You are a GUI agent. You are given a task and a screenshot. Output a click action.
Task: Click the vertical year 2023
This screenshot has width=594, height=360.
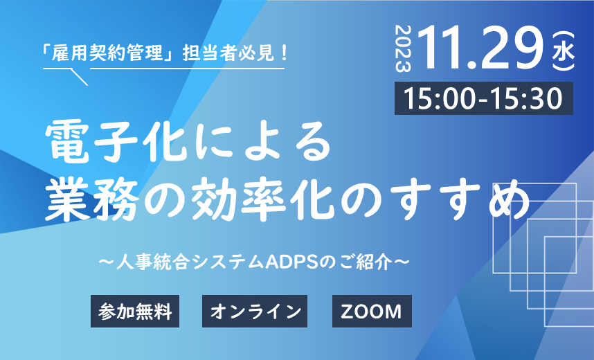click(403, 48)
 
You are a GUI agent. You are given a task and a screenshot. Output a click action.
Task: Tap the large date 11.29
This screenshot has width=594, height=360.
click(480, 48)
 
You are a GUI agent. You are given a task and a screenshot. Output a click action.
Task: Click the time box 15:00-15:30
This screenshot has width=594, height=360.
click(484, 98)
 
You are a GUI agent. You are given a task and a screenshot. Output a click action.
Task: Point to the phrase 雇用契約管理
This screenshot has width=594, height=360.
click(107, 53)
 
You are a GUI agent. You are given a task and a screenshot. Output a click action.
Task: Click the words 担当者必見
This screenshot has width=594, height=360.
click(228, 53)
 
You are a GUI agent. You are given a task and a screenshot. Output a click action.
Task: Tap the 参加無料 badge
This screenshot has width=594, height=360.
click(135, 311)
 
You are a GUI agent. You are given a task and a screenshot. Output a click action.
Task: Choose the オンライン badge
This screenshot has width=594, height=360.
click(255, 311)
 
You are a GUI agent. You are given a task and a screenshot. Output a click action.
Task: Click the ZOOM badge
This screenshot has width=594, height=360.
click(372, 311)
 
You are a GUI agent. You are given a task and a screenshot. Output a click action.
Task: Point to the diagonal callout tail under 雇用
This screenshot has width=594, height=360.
click(80, 77)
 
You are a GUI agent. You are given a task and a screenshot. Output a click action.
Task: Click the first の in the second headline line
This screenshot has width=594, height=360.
click(165, 200)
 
